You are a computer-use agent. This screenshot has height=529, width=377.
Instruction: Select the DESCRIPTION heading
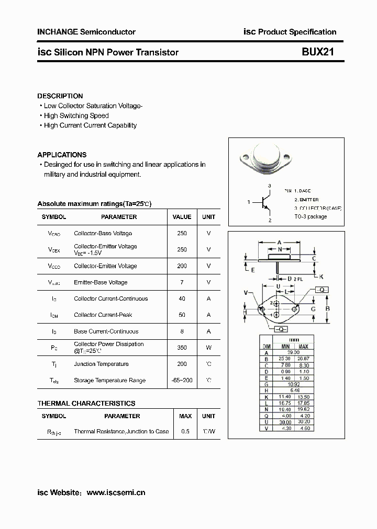[60, 96]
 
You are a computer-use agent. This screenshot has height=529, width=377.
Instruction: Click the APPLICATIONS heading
[62, 155]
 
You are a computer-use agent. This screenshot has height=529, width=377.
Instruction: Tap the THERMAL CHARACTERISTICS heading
[86, 404]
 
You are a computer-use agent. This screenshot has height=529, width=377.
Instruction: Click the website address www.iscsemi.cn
[115, 492]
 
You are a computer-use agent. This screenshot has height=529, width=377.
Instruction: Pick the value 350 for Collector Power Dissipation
[182, 347]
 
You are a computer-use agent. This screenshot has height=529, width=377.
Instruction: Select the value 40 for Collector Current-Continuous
[182, 299]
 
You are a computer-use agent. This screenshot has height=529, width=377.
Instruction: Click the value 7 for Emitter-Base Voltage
[182, 282]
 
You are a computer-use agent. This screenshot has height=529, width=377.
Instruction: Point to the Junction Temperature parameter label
[101, 364]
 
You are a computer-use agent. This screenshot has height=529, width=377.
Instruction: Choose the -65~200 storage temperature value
[182, 381]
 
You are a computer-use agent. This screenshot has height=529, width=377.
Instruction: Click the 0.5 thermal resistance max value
[185, 432]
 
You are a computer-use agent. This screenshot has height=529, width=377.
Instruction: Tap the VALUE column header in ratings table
[182, 217]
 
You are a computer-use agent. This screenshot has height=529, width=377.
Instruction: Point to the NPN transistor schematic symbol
[265, 202]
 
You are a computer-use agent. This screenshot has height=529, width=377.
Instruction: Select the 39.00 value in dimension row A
[294, 353]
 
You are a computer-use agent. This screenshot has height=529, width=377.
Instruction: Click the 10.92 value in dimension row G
[294, 384]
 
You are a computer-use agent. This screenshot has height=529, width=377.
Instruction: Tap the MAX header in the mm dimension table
[303, 347]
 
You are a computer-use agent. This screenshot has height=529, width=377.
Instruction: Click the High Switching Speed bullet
[76, 116]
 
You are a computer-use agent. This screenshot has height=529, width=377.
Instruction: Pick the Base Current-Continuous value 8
[182, 331]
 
